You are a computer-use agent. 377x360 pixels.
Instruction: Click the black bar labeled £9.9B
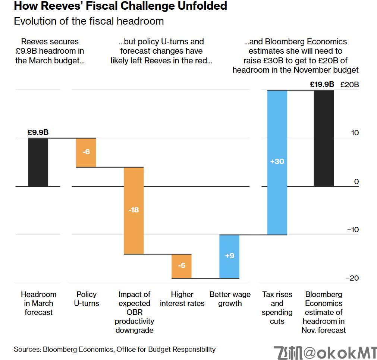[38, 162]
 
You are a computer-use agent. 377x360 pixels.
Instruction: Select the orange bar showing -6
[86, 152]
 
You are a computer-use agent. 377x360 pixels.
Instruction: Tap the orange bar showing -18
[134, 211]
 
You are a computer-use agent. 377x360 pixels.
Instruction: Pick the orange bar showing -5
[182, 266]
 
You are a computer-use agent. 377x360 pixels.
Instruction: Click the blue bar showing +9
[229, 256]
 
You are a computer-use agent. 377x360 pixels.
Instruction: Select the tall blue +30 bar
[277, 162]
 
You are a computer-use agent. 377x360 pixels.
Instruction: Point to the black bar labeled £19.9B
[324, 138]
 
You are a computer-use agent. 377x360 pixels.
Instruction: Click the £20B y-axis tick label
[350, 85]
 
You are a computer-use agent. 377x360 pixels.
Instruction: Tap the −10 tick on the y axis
[352, 230]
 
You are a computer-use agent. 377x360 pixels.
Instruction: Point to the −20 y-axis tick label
[352, 278]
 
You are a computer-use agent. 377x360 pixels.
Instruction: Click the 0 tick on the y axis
[356, 181]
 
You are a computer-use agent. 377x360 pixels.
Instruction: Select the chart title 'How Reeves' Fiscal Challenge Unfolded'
[120, 6]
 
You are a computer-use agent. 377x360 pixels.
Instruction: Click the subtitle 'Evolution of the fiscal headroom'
[89, 21]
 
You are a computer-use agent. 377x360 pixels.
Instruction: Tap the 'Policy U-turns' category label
[87, 299]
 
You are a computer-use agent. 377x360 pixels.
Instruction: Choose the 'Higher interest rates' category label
[182, 299]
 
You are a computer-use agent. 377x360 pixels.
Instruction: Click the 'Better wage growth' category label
[230, 299]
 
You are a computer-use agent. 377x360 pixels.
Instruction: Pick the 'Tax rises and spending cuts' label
[277, 308]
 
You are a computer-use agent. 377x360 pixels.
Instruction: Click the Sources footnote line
[114, 350]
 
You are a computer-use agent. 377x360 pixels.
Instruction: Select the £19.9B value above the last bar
[322, 85]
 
